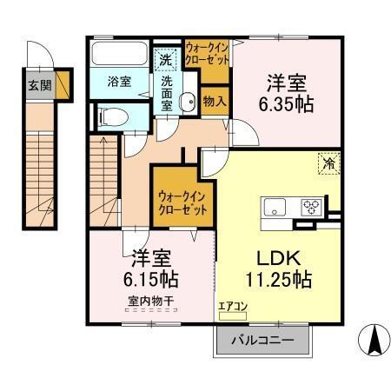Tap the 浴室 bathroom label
(x=119, y=82)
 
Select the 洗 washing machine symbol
(x=166, y=61)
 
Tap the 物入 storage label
(x=215, y=100)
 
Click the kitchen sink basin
(x=275, y=208)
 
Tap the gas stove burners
(x=312, y=208)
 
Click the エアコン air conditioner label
(x=232, y=306)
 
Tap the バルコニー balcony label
(x=262, y=340)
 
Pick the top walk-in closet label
(x=207, y=54)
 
